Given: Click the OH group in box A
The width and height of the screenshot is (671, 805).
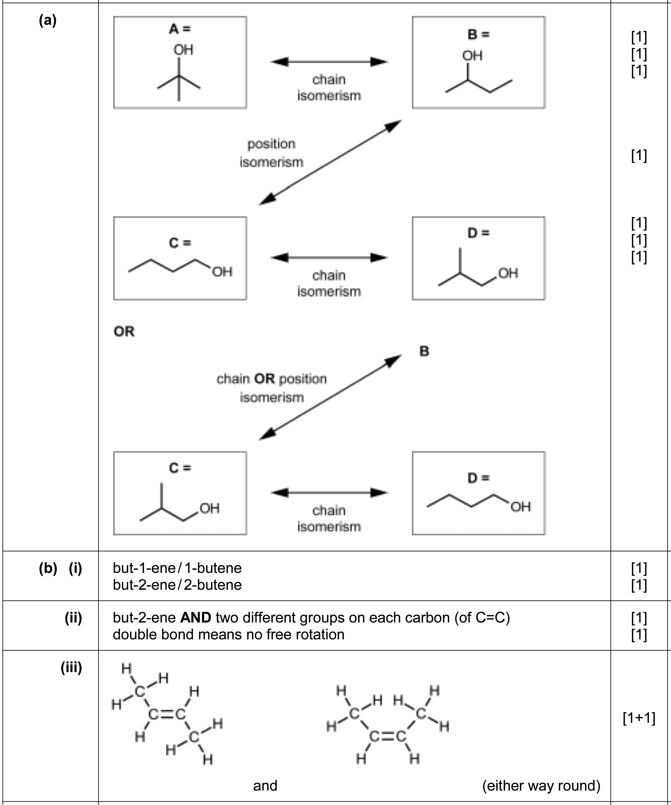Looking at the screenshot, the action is click(x=183, y=50).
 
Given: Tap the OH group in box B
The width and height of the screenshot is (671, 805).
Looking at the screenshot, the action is click(x=472, y=56).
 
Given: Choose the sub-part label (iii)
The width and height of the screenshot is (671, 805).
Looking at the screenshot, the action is click(x=71, y=668).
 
